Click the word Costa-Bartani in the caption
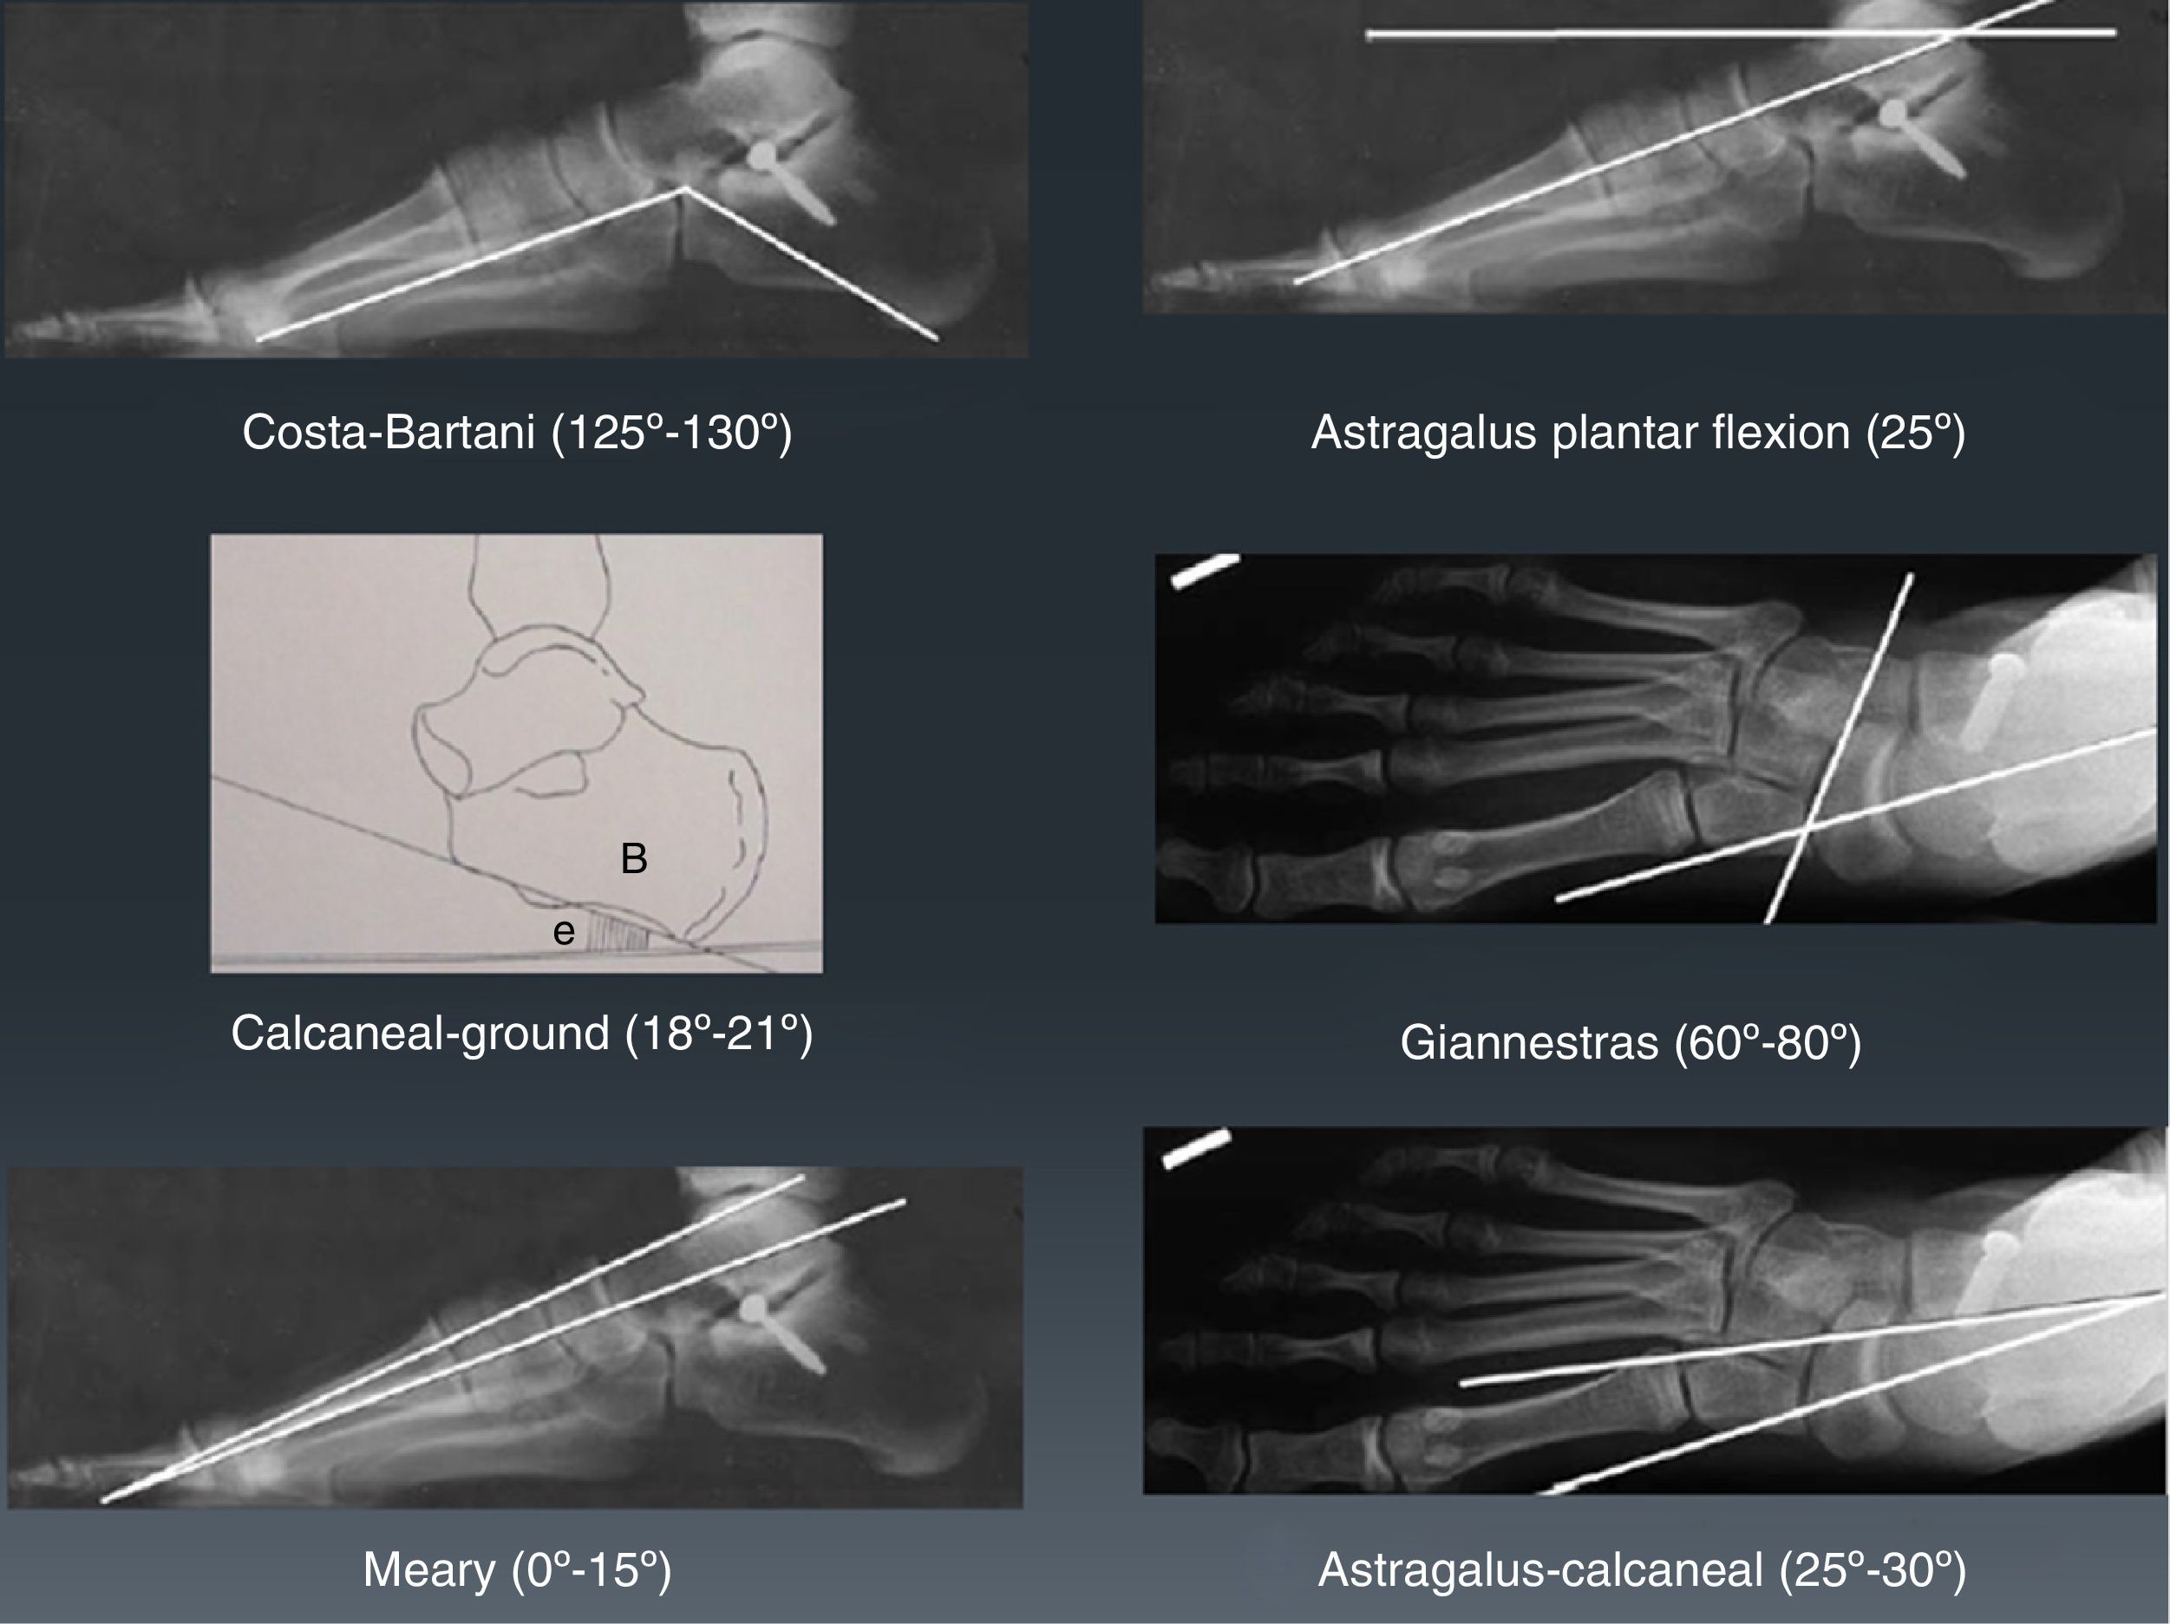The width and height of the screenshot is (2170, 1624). [388, 432]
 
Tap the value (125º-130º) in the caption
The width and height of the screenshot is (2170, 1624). [671, 432]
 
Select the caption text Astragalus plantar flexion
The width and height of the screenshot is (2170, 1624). [1579, 433]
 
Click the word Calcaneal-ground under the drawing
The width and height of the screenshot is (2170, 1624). [420, 1034]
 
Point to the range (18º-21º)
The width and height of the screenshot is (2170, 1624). [719, 1034]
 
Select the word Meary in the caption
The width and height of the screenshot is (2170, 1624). [428, 1569]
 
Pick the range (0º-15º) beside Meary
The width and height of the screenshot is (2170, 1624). [592, 1569]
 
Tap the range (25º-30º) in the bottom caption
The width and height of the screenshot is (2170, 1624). [1873, 1569]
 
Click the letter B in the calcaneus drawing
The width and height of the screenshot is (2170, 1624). [634, 859]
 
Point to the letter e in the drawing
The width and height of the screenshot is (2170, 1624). [563, 930]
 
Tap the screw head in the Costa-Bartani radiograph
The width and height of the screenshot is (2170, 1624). [763, 155]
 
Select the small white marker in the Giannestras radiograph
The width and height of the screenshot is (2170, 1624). [1205, 571]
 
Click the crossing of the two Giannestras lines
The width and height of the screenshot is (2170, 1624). [1807, 830]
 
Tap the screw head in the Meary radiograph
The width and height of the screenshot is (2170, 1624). [754, 1308]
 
